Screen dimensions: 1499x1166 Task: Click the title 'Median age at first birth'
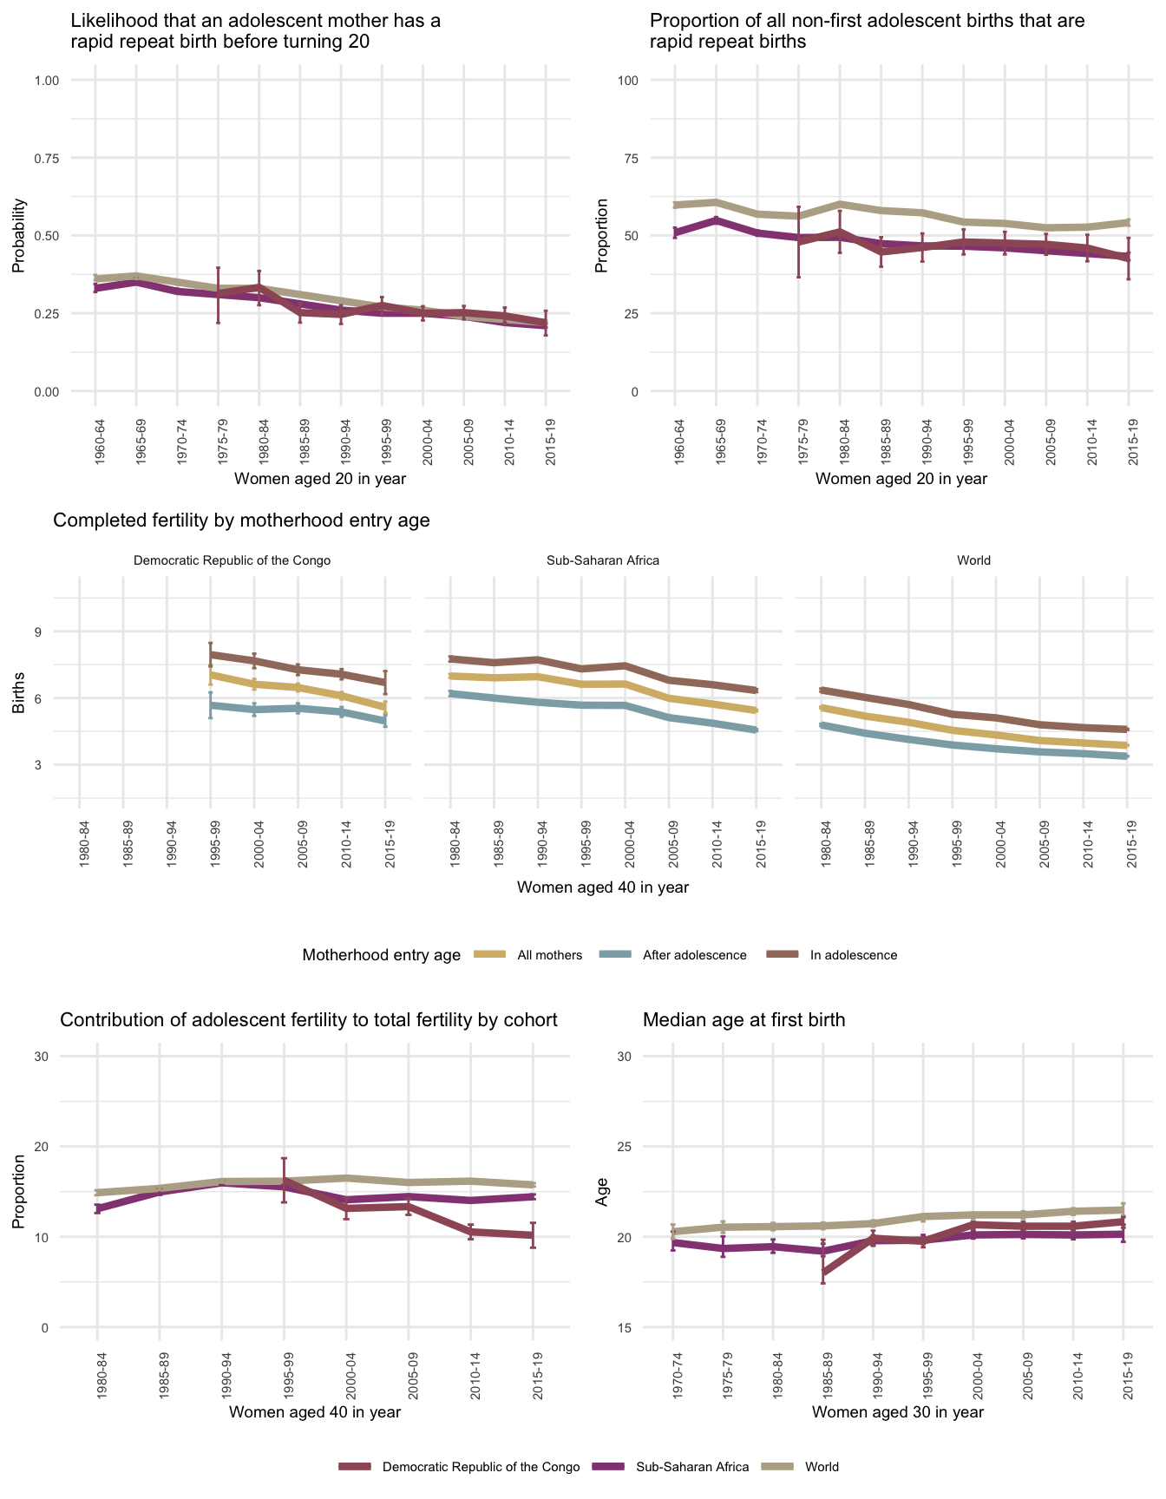pos(743,1020)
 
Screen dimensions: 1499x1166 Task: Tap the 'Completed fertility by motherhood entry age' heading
pos(242,520)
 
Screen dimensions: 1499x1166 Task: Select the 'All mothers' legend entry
pos(549,955)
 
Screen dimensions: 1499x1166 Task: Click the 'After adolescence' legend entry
pos(694,955)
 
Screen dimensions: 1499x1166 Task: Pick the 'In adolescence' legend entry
pos(853,955)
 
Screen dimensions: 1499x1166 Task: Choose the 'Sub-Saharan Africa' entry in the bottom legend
pos(691,1467)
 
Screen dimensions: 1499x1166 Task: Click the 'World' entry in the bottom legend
pos(822,1467)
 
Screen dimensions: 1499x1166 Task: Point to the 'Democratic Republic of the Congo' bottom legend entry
pos(481,1467)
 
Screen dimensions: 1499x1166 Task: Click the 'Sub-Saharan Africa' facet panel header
pos(603,560)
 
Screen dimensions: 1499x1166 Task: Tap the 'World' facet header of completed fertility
pos(973,560)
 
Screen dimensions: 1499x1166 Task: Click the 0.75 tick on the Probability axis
pos(47,158)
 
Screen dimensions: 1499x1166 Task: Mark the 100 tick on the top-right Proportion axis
pos(628,81)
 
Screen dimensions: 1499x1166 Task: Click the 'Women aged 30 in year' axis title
pos(898,1411)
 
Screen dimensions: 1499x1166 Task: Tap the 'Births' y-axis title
pos(18,697)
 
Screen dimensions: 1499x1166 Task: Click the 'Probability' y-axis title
pos(18,236)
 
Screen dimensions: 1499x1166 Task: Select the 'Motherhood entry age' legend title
pos(382,955)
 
